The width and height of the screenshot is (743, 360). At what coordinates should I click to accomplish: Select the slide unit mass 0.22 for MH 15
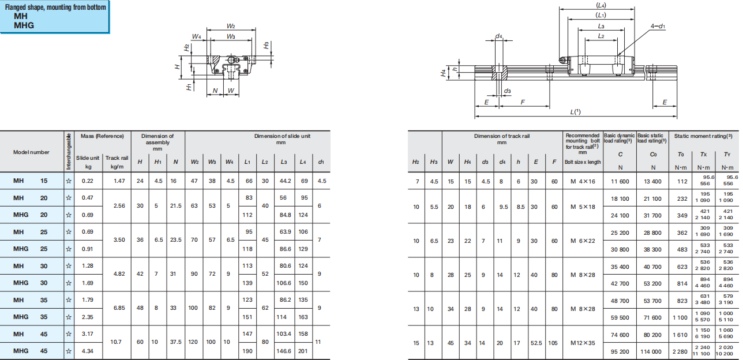(88, 181)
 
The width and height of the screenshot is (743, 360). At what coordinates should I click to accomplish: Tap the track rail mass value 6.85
(119, 308)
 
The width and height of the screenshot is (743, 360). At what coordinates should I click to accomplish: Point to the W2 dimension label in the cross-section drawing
(231, 27)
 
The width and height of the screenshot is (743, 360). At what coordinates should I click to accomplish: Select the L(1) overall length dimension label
(575, 112)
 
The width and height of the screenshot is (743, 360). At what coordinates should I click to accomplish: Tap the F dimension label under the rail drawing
(523, 102)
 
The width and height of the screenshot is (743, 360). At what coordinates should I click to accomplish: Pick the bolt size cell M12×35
(583, 342)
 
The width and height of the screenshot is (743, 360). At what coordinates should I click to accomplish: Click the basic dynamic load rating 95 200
(620, 351)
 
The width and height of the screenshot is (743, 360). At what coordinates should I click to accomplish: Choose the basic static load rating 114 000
(653, 351)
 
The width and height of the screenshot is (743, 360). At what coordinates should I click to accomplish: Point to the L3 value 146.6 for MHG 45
(284, 351)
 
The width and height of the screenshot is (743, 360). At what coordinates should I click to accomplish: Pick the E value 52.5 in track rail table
(536, 342)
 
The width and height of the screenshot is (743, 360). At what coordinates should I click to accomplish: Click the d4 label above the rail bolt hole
(499, 36)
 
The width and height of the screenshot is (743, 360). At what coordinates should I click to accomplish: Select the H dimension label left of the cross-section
(178, 66)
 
